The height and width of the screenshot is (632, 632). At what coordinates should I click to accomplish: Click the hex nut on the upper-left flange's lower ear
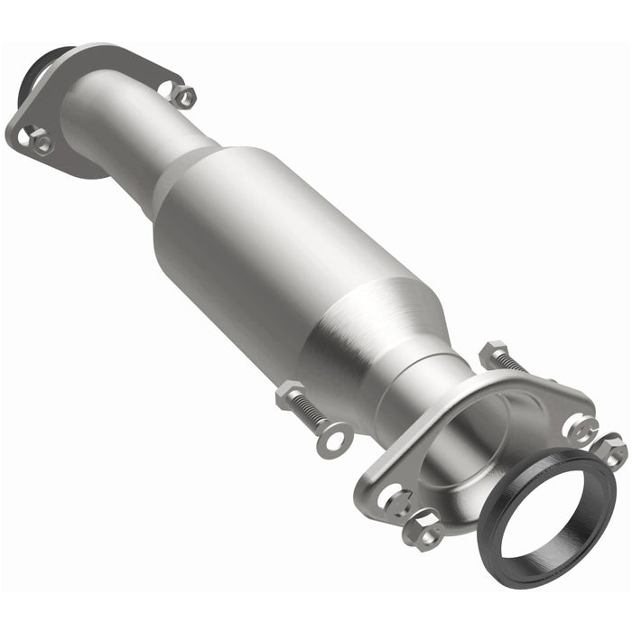(x=40, y=141)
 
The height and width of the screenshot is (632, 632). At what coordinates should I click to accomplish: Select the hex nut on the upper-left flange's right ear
(x=182, y=96)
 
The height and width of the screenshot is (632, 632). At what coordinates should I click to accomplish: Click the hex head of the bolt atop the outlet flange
(x=493, y=353)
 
